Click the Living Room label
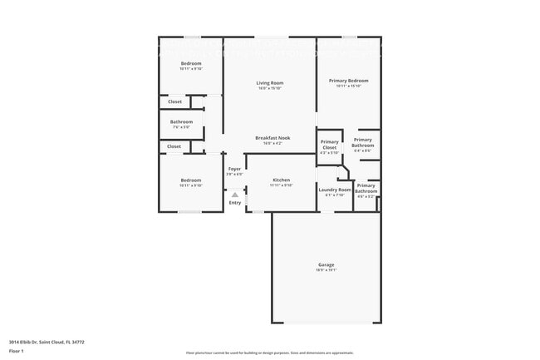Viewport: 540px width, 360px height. point(269,82)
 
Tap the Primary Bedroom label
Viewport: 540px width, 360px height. point(348,81)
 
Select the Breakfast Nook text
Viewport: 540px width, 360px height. point(269,138)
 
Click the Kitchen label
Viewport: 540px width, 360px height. point(281,180)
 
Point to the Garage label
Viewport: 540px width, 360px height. point(326,264)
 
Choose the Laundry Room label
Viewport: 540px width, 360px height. point(335,190)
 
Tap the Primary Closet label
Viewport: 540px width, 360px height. point(330,144)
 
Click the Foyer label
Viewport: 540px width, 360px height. point(234,169)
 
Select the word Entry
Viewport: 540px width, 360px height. point(235,203)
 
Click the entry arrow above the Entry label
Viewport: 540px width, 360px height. point(235,195)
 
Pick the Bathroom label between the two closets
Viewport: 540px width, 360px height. point(182,122)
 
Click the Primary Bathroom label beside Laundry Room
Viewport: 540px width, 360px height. point(366,190)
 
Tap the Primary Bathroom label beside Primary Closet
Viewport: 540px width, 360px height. point(362,142)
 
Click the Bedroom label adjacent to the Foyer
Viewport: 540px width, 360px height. point(191,180)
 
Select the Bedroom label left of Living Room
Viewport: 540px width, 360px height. point(191,63)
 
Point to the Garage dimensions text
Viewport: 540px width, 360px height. point(326,270)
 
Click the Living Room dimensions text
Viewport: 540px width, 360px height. point(269,87)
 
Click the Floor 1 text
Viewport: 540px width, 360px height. point(17,351)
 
